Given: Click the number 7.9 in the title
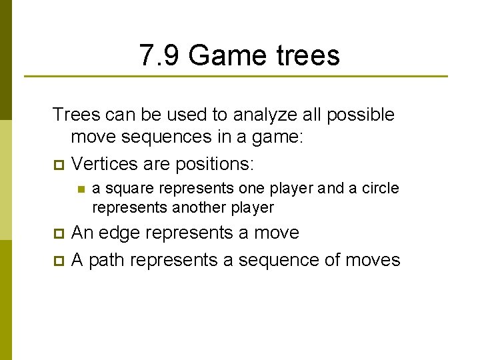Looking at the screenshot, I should point(161,55).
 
